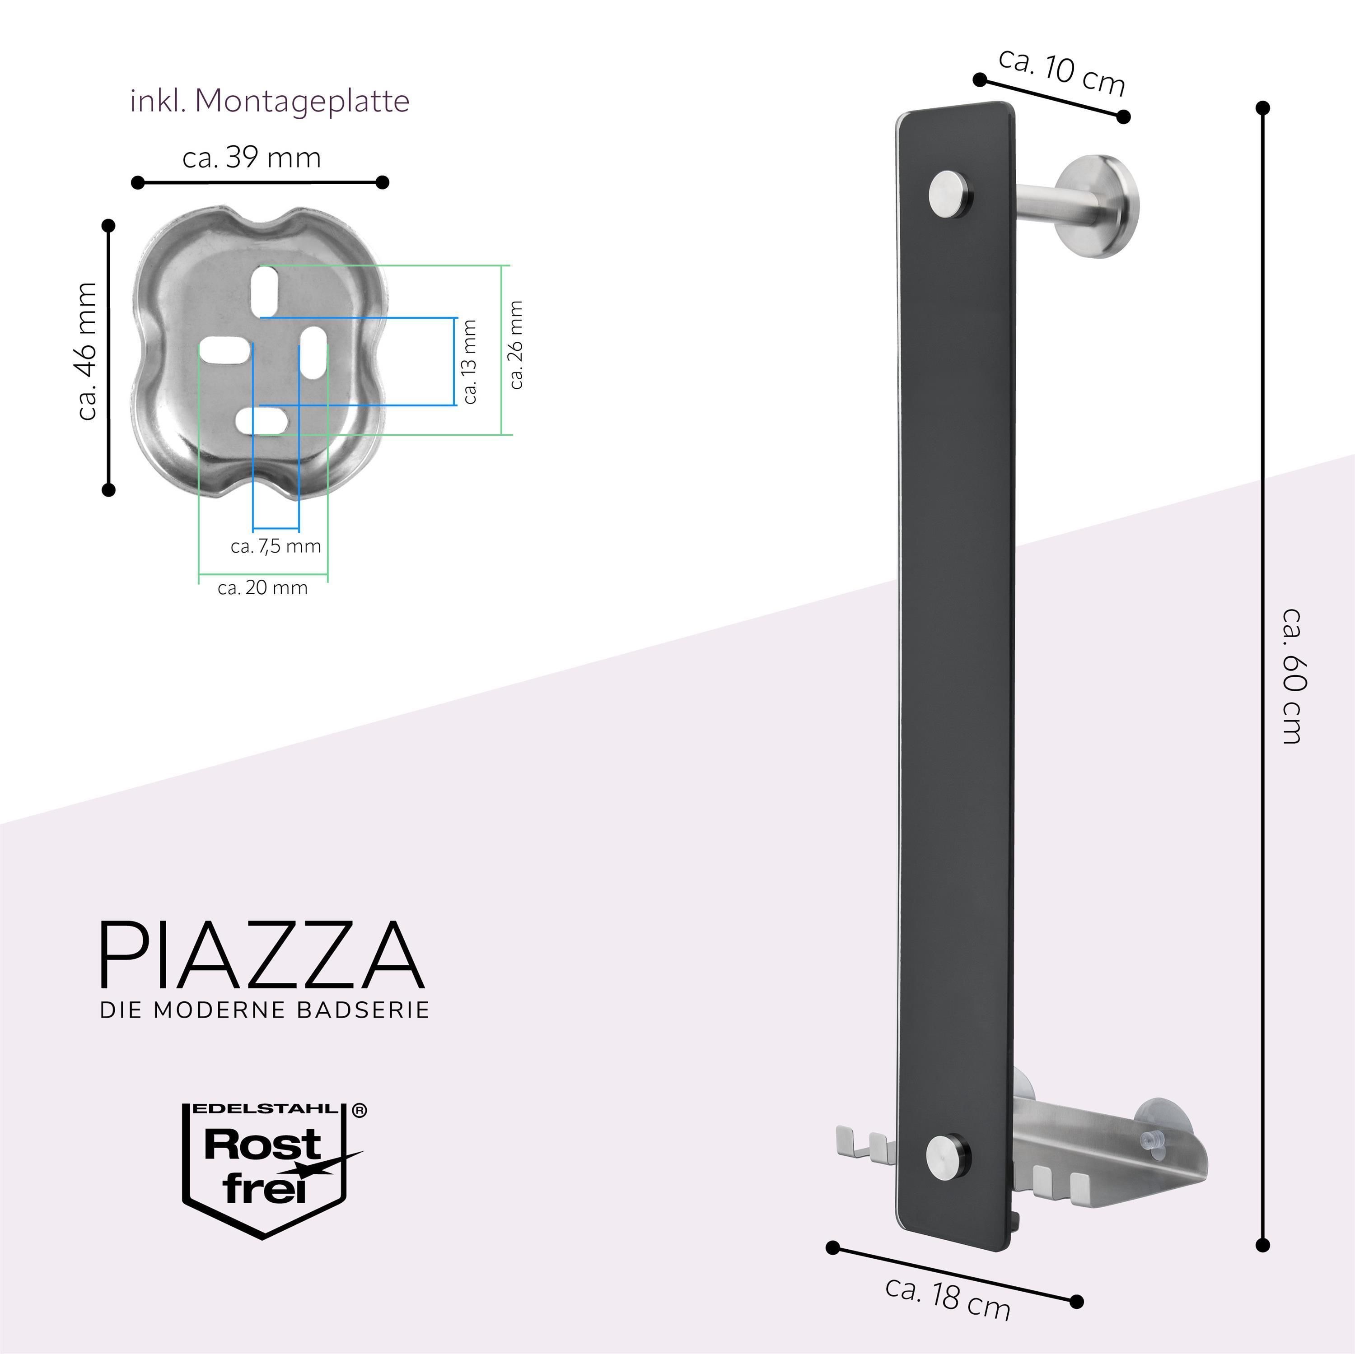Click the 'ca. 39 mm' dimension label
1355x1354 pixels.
(x=252, y=157)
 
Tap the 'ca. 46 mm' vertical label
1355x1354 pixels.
(x=87, y=351)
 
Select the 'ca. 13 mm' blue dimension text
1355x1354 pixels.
(x=469, y=361)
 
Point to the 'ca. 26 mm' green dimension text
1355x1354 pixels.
(x=516, y=344)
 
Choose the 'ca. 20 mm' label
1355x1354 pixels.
(x=262, y=587)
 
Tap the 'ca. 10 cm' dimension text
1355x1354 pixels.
(x=1062, y=71)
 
